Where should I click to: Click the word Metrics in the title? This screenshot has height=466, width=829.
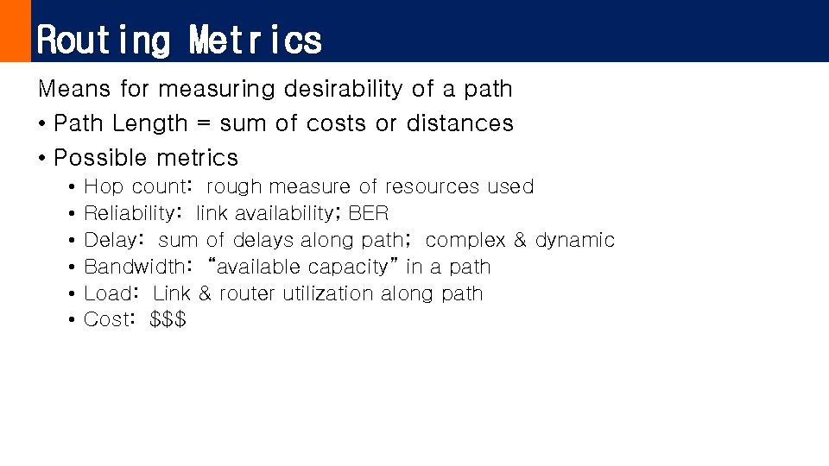click(256, 40)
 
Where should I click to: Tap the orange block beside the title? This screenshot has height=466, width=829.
click(15, 31)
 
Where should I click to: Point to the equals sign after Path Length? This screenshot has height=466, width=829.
click(203, 124)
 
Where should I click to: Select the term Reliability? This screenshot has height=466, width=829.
click(129, 213)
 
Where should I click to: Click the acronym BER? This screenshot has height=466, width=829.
click(369, 213)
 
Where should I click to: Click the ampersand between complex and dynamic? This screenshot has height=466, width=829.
click(520, 240)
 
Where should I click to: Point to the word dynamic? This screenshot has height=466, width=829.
click(575, 240)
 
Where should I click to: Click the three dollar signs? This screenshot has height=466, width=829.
click(168, 319)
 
